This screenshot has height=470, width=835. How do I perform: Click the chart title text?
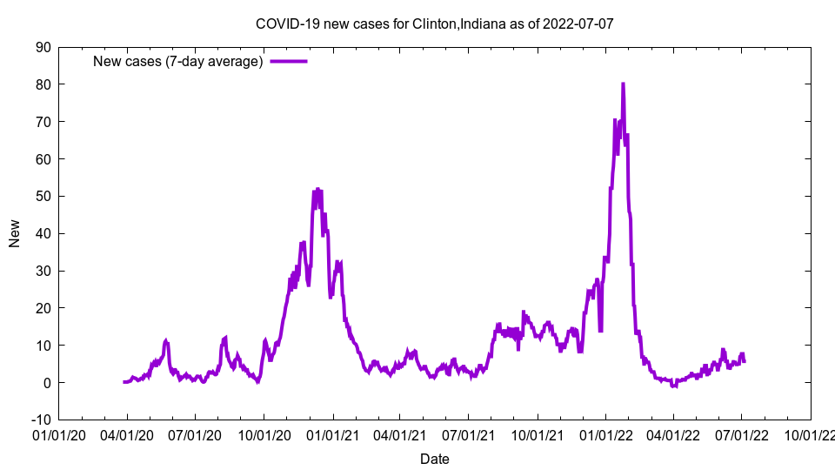[x=434, y=23]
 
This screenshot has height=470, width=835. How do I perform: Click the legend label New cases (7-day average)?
[x=178, y=62]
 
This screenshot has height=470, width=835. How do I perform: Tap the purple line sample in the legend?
[x=288, y=62]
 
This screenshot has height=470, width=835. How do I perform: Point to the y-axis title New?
[x=15, y=233]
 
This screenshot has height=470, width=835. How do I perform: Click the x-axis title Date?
[x=434, y=459]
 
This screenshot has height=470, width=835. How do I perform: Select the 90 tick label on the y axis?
[x=43, y=47]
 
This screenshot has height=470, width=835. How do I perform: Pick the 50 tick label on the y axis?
[x=43, y=196]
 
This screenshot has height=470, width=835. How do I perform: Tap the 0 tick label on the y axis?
[x=47, y=382]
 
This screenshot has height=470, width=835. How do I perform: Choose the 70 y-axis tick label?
[x=43, y=122]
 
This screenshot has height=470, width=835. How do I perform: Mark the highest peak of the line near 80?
[x=623, y=84]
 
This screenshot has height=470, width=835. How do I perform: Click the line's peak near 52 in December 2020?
[x=317, y=189]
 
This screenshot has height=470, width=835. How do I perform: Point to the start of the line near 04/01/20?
[x=124, y=382]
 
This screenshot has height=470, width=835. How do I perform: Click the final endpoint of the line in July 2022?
[x=745, y=361]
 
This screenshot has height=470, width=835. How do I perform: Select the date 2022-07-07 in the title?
[x=578, y=23]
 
